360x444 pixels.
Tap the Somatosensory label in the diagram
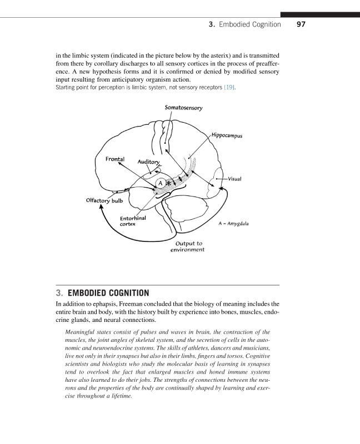click(183, 107)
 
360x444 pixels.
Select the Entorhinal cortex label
click(133, 221)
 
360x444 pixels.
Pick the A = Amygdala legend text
click(234, 224)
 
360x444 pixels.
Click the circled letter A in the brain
click(159, 183)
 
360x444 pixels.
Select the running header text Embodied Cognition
click(249, 25)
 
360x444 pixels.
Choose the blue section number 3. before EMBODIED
click(59, 292)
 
